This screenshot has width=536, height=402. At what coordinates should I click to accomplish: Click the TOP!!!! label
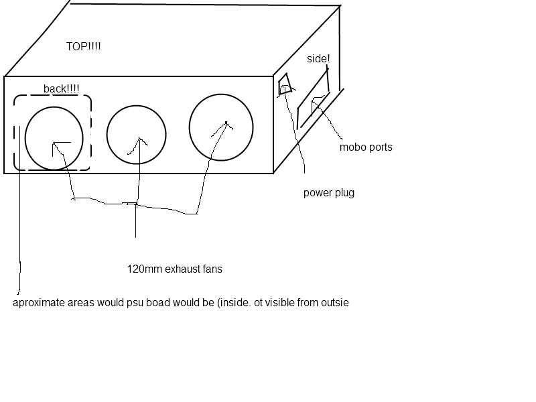(x=84, y=47)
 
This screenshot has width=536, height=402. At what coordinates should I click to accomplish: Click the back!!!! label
(x=61, y=88)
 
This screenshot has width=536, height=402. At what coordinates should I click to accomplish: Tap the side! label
(x=318, y=59)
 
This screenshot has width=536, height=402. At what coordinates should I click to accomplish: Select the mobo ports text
(x=366, y=147)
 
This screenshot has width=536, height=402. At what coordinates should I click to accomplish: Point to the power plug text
(x=328, y=193)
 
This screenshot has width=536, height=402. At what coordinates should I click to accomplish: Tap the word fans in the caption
(x=210, y=269)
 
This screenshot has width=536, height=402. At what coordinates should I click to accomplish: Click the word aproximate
(x=38, y=303)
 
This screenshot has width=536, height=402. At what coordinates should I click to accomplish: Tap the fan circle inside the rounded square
(x=54, y=137)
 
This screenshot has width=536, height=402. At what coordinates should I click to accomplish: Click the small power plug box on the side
(x=285, y=85)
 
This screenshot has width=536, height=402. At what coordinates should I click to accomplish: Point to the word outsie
(x=334, y=303)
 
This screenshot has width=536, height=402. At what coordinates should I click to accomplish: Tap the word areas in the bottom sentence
(x=80, y=303)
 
